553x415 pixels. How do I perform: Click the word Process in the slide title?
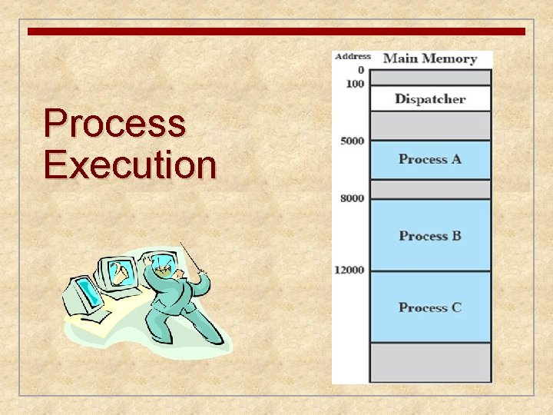click(x=114, y=124)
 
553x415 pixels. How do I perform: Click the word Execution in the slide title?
click(x=130, y=164)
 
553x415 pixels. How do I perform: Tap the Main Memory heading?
click(x=429, y=58)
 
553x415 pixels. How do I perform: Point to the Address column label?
click(x=353, y=56)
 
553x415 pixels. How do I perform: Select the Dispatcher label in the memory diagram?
click(x=429, y=98)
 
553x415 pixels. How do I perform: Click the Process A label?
click(x=429, y=159)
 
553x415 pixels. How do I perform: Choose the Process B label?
click(x=429, y=235)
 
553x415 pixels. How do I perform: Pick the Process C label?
click(x=429, y=307)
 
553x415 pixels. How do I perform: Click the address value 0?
click(x=361, y=70)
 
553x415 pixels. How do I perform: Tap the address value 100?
click(x=355, y=83)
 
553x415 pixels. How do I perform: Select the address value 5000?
click(x=353, y=141)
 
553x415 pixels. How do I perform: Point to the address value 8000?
click(x=353, y=198)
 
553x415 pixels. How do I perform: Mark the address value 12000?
click(x=349, y=270)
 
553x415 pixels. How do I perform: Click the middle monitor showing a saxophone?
click(x=120, y=273)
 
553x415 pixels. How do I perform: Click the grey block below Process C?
click(x=429, y=362)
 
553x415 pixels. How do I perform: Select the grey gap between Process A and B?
click(x=429, y=189)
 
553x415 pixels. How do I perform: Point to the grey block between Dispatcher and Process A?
click(x=429, y=125)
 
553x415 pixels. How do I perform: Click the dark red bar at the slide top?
click(x=276, y=32)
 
